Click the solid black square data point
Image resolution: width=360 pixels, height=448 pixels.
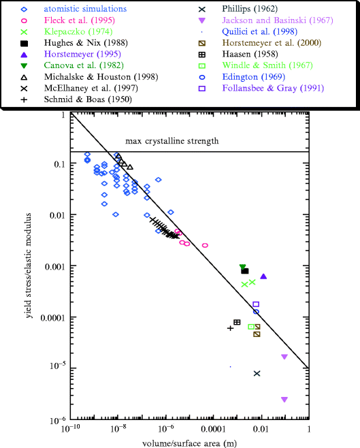point(245,271)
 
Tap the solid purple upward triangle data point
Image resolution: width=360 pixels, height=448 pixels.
point(263,276)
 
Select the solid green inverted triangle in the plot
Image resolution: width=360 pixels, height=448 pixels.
point(243,267)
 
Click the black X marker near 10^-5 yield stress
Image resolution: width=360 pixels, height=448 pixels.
point(257,373)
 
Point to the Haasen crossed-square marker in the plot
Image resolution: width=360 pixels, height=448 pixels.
point(237,322)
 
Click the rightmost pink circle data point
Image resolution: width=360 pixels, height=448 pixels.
point(205,245)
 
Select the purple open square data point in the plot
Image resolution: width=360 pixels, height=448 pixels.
point(256,304)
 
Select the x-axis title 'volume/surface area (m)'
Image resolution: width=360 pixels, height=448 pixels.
point(189,443)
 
